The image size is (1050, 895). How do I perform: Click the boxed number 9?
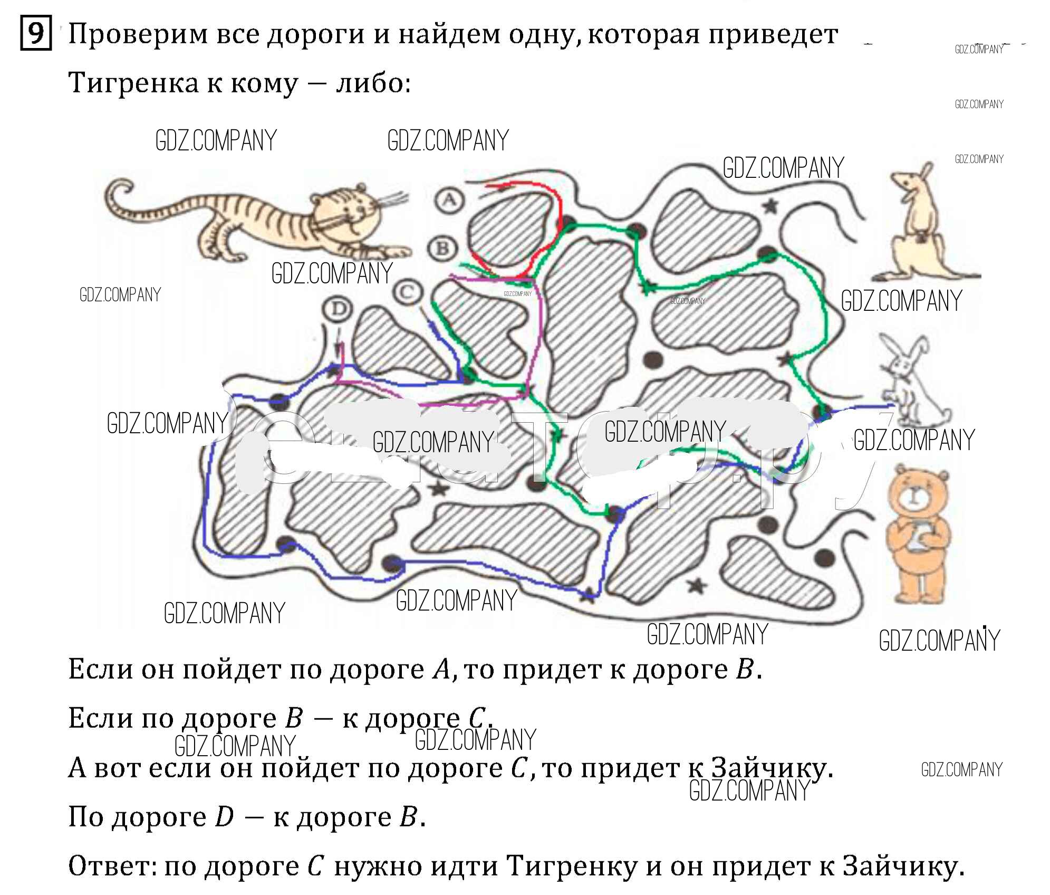point(36,34)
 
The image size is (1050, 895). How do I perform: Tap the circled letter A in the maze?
point(449,200)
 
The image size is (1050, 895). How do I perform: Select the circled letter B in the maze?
point(442,248)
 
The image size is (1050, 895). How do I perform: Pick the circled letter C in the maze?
point(408,292)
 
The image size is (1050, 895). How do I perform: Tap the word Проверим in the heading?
point(138,35)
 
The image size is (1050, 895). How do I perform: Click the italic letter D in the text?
point(225,817)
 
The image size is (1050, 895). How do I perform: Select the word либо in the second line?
point(372,83)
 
